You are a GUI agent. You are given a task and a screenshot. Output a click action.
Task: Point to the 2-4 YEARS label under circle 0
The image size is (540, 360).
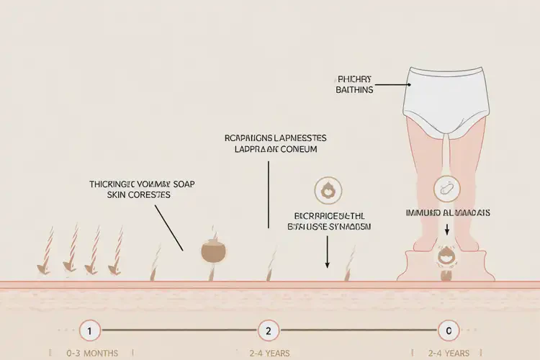point(448,353)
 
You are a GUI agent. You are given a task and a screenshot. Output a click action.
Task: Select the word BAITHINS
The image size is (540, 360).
point(354,90)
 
